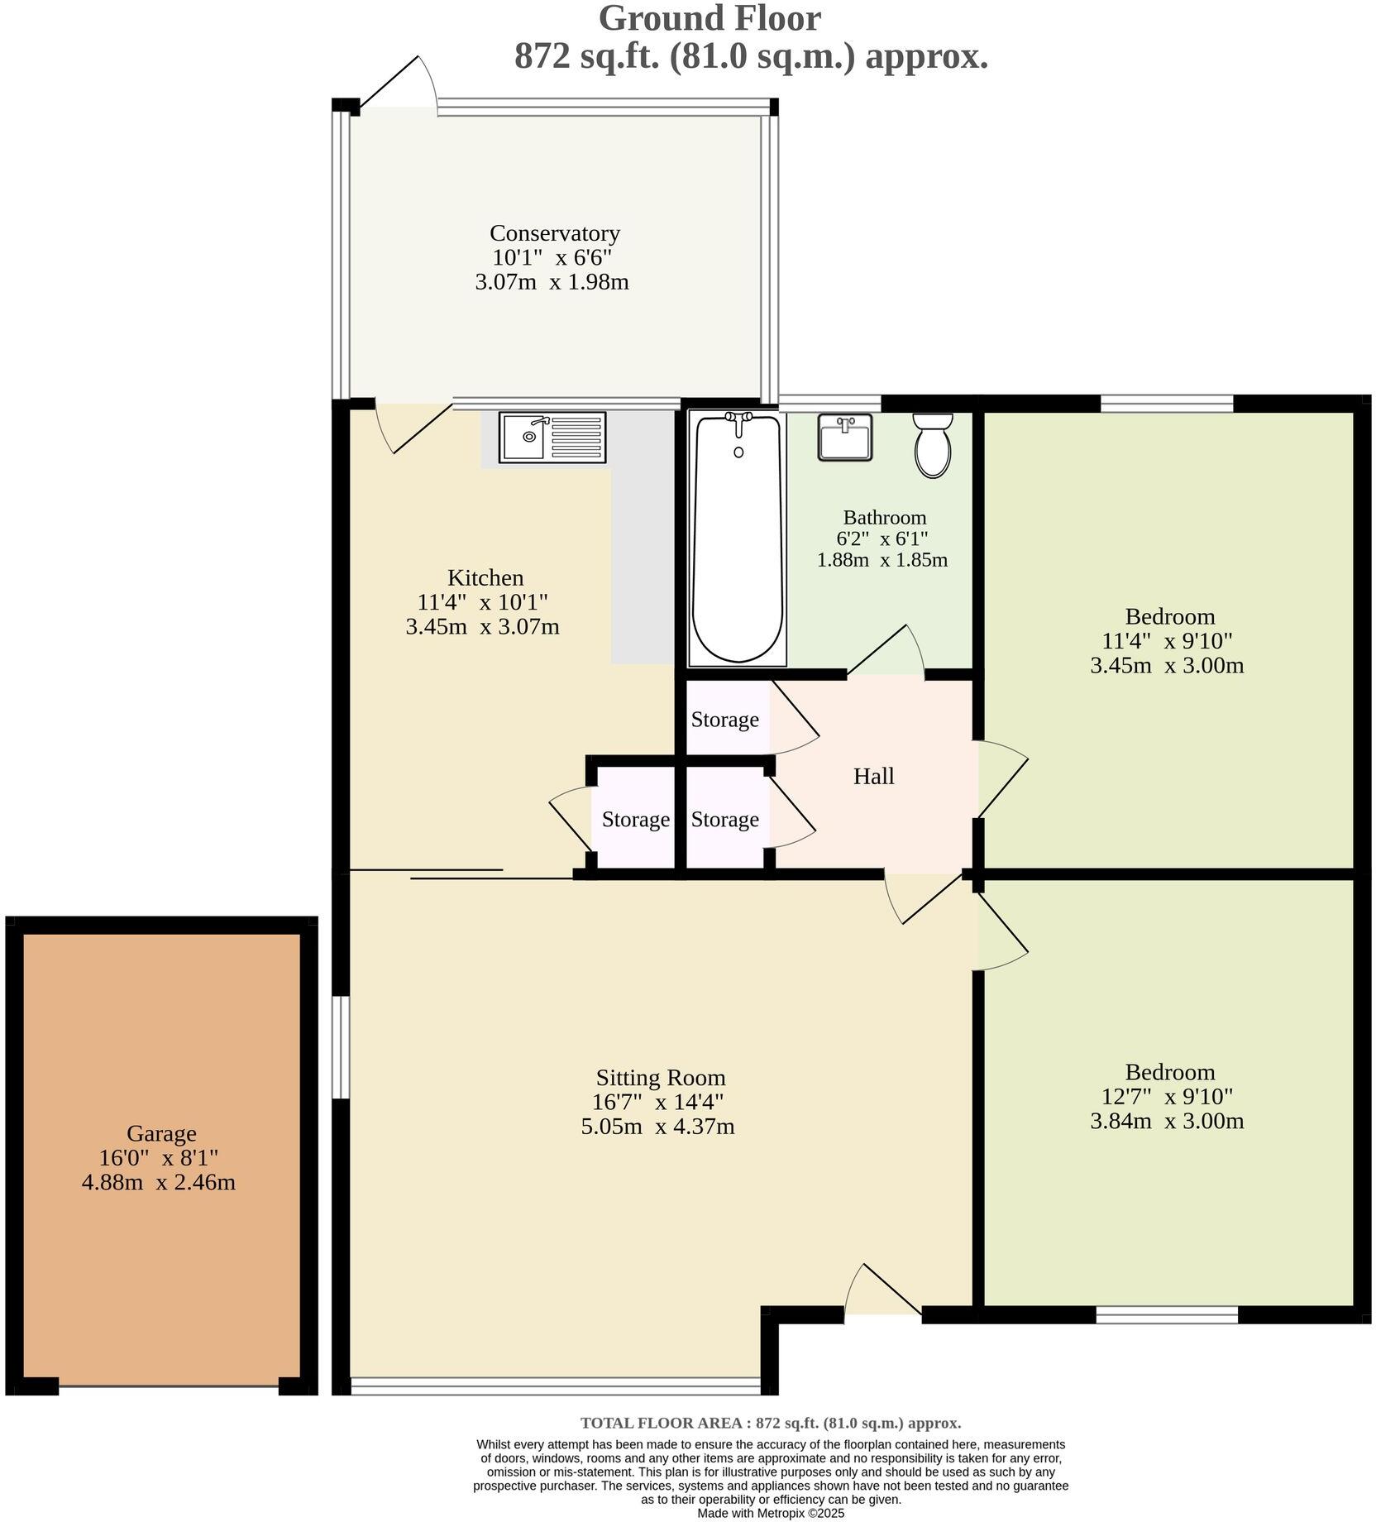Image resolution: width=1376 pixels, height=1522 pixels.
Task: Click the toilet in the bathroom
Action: pos(932,447)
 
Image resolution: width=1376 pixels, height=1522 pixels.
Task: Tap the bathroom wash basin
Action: pos(844,437)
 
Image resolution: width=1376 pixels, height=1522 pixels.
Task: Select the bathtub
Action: pos(738,538)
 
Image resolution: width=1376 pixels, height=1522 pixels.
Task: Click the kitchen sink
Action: pos(552,437)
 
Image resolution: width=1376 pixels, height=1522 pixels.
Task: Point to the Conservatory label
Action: pos(554,233)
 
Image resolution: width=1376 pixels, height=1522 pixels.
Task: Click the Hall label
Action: pos(873,776)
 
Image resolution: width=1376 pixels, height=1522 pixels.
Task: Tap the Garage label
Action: pos(161,1133)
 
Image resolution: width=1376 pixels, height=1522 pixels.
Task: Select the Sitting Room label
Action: pos(660,1078)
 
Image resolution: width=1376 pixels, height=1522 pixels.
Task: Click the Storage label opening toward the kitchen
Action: pos(635,820)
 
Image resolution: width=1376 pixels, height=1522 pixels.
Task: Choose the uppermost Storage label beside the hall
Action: pos(724,720)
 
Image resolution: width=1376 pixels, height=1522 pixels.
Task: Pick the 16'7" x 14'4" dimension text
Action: pos(657,1102)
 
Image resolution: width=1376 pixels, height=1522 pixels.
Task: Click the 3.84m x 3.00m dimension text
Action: pos(1167,1121)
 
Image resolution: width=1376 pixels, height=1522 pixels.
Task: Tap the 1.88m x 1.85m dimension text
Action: pos(881,560)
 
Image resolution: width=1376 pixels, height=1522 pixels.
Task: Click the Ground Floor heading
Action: pos(709,18)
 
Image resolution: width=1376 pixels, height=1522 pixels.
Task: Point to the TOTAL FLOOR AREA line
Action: pos(770,1423)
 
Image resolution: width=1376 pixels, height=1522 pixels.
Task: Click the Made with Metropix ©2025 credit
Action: pos(770,1513)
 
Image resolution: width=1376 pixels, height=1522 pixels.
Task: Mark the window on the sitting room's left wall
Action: pos(340,1047)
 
